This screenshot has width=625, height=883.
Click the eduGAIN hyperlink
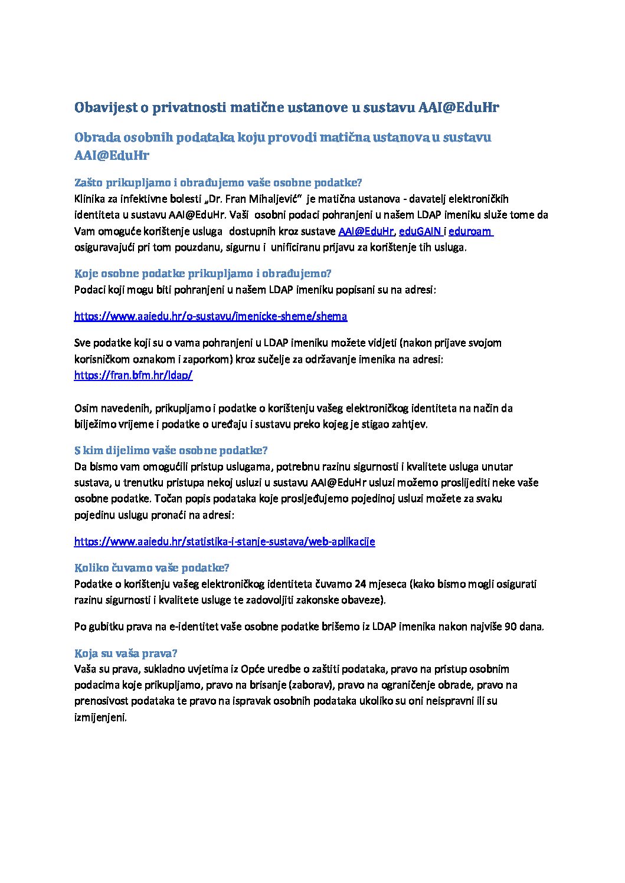[x=420, y=231]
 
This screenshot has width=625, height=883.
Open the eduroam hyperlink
[x=470, y=231]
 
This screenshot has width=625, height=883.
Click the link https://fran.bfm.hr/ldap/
[x=133, y=375]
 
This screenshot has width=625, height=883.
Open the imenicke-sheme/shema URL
[x=211, y=316]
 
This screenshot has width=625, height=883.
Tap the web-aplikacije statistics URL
[x=224, y=541]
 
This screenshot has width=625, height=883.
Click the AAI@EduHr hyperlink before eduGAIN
[x=365, y=231]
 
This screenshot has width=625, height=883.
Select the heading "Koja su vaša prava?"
[x=126, y=653]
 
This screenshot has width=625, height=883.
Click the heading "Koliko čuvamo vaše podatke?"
[x=152, y=567]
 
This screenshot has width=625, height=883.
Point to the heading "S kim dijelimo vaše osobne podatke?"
[x=171, y=450]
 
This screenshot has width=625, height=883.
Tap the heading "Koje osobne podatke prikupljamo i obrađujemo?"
[x=202, y=273]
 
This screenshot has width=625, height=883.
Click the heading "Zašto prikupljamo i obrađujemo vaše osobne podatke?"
[x=218, y=182]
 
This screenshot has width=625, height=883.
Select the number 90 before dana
[x=511, y=626]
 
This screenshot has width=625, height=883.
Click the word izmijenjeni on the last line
[x=100, y=717]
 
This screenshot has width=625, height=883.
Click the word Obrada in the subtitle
[x=96, y=137]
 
